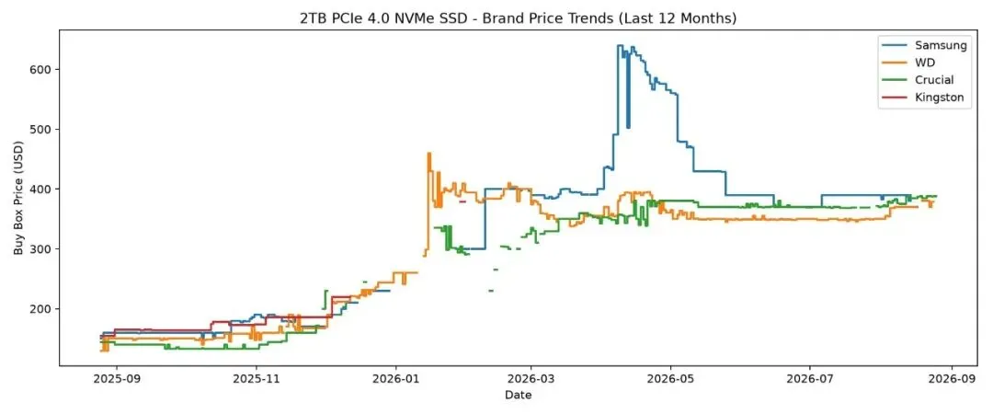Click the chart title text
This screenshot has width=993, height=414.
518,19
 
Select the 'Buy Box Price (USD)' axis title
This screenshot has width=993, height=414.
18,199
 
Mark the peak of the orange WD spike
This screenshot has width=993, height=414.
428,153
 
